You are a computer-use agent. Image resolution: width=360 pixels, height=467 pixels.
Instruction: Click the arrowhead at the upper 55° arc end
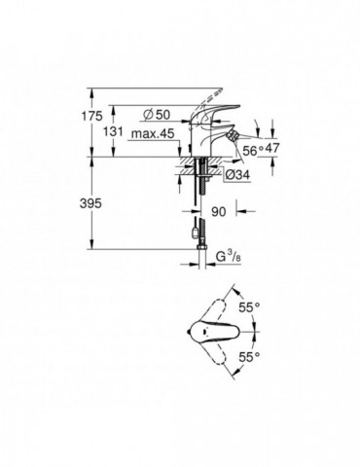(236, 289)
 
